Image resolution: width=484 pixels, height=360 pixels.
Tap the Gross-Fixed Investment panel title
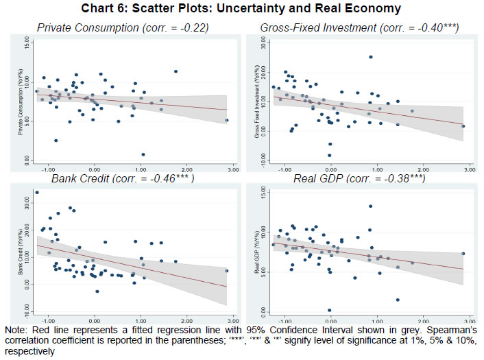pyautogui.click(x=360, y=27)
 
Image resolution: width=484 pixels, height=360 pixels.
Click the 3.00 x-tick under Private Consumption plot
pyautogui.click(x=232, y=169)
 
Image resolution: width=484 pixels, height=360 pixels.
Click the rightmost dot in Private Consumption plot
pyautogui.click(x=227, y=120)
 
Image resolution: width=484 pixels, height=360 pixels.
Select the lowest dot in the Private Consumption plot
pyautogui.click(x=143, y=154)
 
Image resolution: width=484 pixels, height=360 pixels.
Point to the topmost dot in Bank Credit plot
pyautogui.click(x=37, y=193)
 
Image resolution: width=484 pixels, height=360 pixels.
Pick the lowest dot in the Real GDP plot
pyautogui.click(x=330, y=310)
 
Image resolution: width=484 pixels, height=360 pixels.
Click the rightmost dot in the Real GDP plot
pyautogui.click(x=463, y=253)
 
